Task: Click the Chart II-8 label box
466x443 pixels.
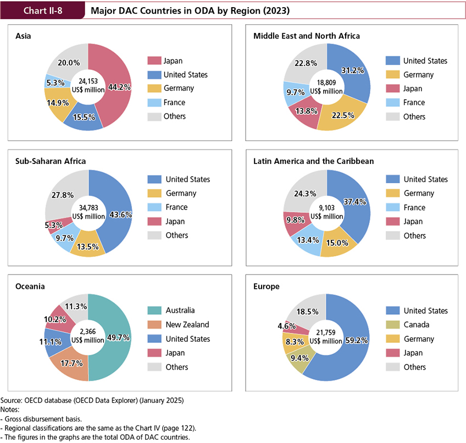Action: (x=42, y=10)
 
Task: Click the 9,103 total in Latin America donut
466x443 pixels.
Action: (x=326, y=207)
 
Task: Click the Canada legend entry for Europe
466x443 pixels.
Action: (x=417, y=325)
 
